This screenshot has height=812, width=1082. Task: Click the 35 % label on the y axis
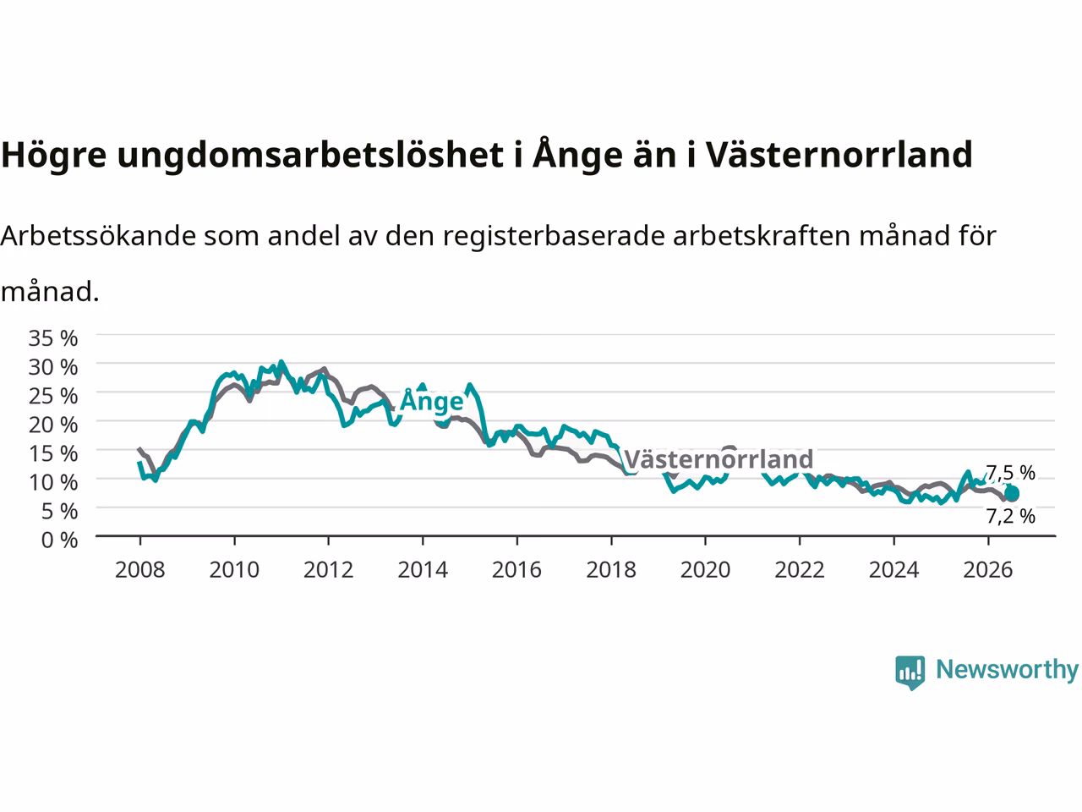coord(53,338)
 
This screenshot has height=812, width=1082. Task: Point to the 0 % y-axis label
coord(60,540)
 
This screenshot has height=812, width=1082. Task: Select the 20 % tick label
coord(53,425)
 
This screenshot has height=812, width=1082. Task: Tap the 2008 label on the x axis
coord(140,570)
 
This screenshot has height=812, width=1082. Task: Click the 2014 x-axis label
coord(423,570)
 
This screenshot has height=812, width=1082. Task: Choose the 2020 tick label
coord(705,570)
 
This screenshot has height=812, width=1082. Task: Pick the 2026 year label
coord(988,570)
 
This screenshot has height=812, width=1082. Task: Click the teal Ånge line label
coord(432,400)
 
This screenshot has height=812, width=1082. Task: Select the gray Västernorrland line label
coord(719,459)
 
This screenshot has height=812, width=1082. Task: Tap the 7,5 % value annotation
coord(1010,473)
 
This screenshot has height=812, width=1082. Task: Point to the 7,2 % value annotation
coord(1010,516)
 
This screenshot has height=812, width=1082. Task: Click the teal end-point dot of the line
coord(1012,493)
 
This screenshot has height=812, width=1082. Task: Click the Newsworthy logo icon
coord(910,672)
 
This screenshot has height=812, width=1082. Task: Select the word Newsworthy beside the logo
coord(1008,670)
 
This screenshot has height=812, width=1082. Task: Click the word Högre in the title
coord(54,156)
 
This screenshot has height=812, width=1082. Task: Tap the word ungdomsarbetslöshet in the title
coord(310,154)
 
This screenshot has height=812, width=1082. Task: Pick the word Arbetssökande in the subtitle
coord(99,236)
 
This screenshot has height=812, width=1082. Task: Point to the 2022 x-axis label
coord(800,570)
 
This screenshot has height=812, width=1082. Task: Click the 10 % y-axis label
coord(53,482)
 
